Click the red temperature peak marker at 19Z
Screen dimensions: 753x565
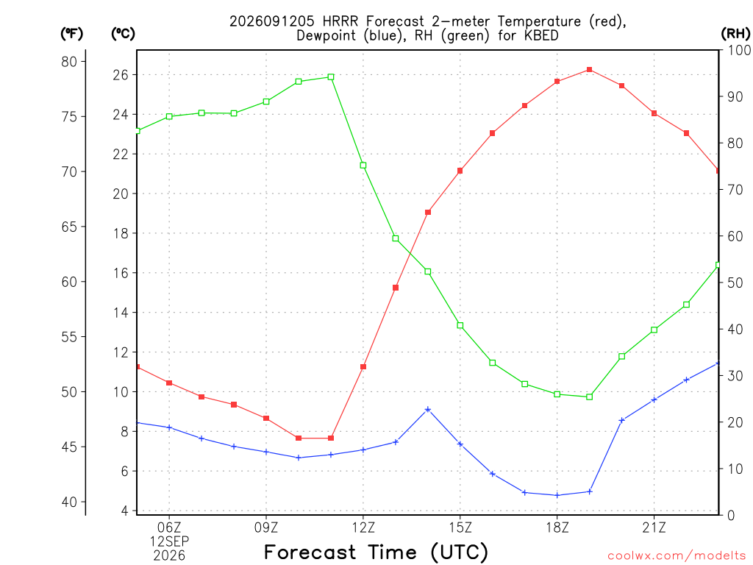coord(590,70)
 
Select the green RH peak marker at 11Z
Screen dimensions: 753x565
coord(331,77)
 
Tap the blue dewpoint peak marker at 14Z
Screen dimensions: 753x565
coord(428,410)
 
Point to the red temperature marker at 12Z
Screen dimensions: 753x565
coord(363,366)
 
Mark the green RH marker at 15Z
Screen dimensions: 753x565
coord(460,326)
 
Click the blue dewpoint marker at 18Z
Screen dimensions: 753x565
coord(557,495)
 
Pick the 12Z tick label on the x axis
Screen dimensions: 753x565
coord(363,528)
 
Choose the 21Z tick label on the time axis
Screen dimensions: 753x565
coord(654,528)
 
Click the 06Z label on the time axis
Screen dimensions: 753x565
coord(169,528)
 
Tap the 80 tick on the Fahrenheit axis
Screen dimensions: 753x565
coord(69,62)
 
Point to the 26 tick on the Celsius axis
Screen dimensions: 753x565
coord(121,75)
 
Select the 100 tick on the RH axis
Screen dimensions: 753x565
coord(740,50)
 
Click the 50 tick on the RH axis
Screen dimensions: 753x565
coord(735,282)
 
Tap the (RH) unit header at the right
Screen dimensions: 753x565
coord(735,34)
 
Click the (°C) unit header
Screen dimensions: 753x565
coord(123,34)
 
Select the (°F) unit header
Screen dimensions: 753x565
coord(71,34)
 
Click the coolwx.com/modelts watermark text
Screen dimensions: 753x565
coord(677,555)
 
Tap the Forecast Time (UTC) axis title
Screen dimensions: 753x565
coord(376,552)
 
